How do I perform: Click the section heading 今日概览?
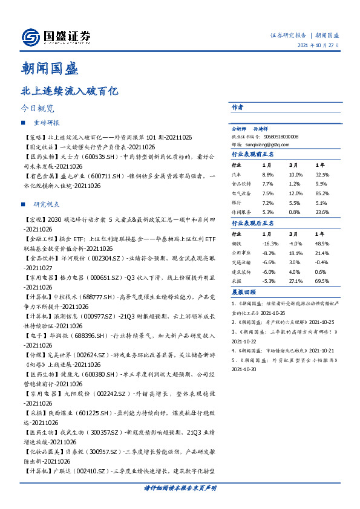coord(38,109)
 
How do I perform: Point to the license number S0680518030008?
coord(269,137)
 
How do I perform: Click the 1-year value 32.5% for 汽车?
coord(322,173)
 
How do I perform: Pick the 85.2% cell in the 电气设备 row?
coord(322,193)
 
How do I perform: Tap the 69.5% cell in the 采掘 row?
coord(322,281)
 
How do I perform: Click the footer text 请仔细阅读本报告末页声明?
coord(180,487)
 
